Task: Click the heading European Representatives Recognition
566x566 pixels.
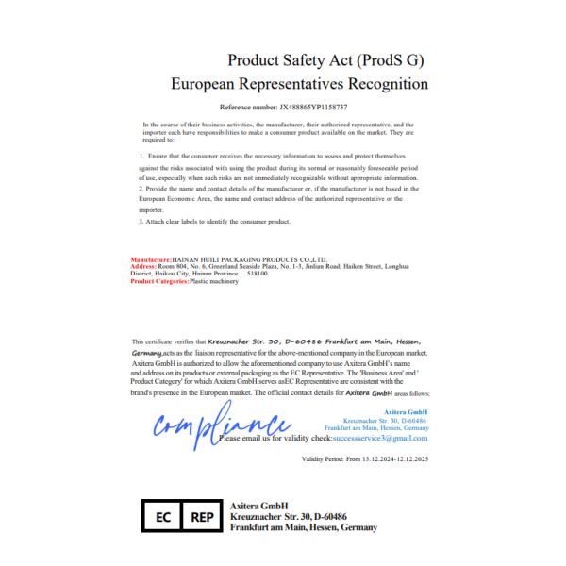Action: (x=299, y=84)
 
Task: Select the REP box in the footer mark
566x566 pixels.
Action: (x=202, y=517)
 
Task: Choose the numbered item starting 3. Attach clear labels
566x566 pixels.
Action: (x=213, y=221)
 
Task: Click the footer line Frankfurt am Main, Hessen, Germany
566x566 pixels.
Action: (x=304, y=528)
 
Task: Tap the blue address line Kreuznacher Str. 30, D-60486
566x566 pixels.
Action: (x=385, y=421)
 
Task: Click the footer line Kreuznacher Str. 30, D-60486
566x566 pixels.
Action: (x=289, y=517)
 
